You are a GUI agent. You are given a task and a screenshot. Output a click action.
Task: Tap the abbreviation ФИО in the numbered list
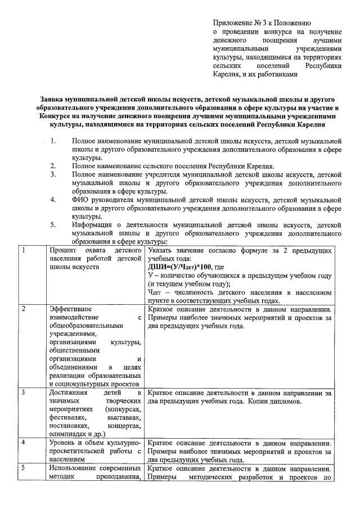point(80,199)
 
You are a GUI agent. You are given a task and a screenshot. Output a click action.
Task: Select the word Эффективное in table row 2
point(70,309)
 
